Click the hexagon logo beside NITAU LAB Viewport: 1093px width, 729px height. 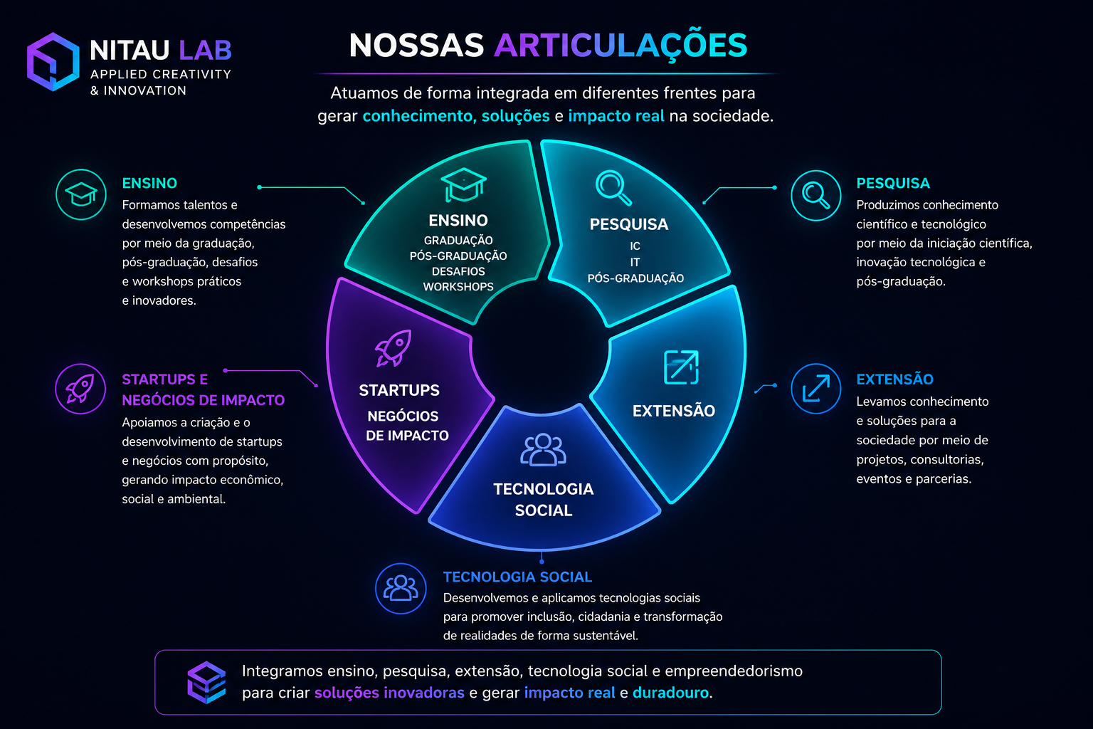(53, 61)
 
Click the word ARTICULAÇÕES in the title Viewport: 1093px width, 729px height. (621, 46)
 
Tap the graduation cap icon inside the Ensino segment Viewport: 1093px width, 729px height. (463, 185)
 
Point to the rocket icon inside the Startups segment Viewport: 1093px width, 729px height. (394, 347)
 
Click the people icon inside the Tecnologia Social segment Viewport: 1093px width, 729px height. (543, 450)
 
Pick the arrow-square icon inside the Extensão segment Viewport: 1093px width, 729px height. (681, 367)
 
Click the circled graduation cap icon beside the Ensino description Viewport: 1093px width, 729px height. (81, 194)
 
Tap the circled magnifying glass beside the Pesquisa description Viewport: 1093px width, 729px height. (816, 195)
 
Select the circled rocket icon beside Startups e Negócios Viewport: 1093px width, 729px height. (80, 389)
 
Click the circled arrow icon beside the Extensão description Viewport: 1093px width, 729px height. (816, 389)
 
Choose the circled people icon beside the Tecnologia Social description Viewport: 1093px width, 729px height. (401, 588)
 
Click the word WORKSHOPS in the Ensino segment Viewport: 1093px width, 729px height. (458, 287)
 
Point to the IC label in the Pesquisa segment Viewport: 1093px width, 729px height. (635, 246)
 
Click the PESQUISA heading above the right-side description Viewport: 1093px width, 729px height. (893, 183)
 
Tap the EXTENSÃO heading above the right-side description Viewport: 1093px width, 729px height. (895, 379)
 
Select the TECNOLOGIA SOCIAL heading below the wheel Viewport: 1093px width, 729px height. (517, 577)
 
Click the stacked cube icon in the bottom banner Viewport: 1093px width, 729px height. (206, 682)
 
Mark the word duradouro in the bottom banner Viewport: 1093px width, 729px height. (670, 693)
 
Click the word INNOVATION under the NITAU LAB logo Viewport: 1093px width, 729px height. (145, 91)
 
